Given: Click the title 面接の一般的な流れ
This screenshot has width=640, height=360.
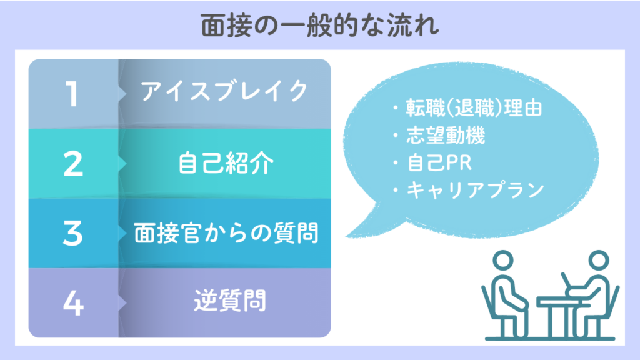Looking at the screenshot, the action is click(320, 25).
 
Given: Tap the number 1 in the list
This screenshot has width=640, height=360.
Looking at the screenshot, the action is click(72, 94).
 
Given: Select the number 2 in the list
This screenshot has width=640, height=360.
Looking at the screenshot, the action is click(73, 164).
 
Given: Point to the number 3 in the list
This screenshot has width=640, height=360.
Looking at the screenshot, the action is click(72, 233).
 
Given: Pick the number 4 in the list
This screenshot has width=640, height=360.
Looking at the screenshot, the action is click(74, 303).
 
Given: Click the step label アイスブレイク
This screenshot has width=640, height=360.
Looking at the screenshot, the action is click(224, 91).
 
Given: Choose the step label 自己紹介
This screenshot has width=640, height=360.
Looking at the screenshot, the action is click(226, 163).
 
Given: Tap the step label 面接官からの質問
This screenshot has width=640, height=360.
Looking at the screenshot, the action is click(226, 233).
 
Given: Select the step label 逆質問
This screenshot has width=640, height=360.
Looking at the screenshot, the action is click(230, 301).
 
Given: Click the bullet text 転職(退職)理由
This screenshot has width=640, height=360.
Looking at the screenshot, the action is click(474, 108).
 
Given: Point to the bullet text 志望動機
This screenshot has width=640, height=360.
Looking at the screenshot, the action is click(446, 136).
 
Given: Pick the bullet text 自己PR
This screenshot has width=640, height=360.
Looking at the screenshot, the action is click(439, 163).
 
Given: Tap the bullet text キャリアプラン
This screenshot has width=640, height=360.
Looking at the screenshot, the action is click(476, 190).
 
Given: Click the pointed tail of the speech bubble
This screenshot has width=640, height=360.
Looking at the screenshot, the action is click(347, 236).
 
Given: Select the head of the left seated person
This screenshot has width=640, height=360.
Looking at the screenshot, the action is click(503, 260).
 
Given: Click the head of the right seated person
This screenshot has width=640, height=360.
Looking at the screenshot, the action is click(598, 260).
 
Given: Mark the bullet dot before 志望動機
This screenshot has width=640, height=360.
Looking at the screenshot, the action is click(396, 136).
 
